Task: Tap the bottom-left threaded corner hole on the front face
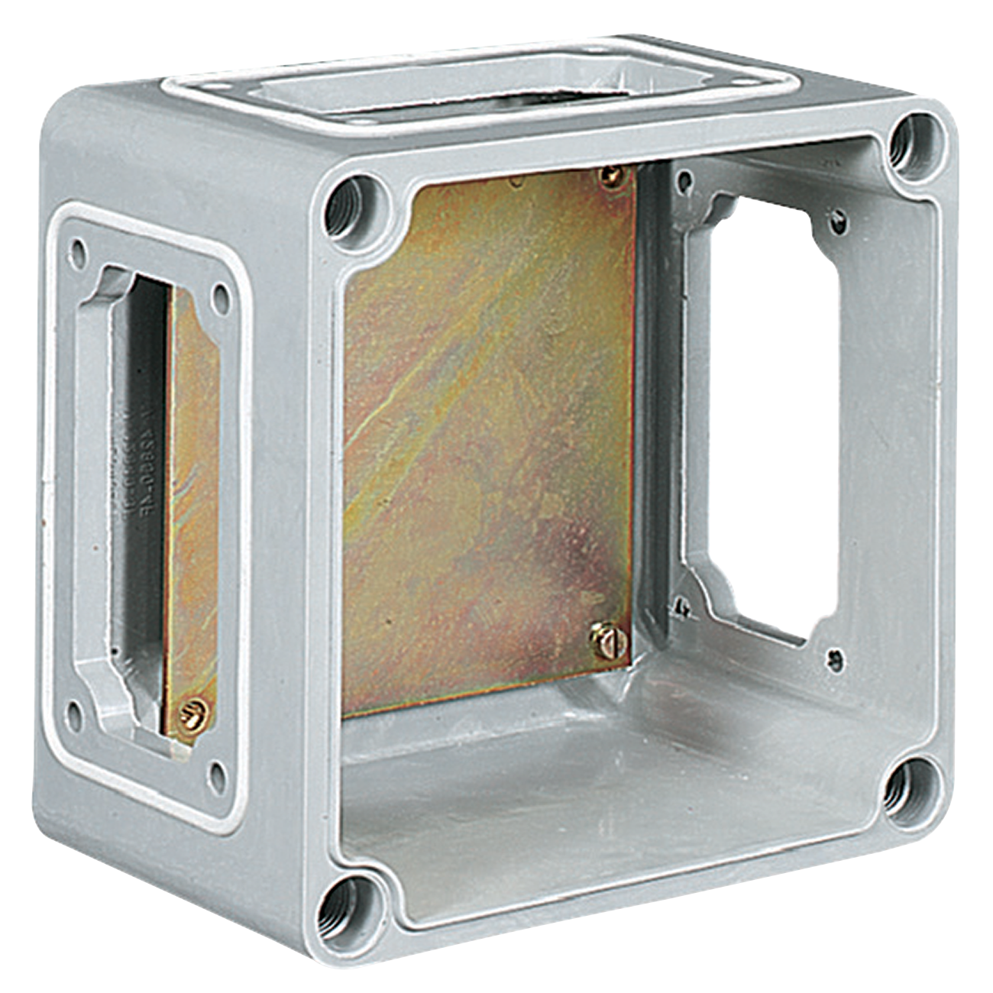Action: click(343, 911)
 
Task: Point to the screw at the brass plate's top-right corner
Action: click(611, 177)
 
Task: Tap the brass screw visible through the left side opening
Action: click(193, 716)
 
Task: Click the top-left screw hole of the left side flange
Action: click(77, 250)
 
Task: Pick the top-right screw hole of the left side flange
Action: click(221, 296)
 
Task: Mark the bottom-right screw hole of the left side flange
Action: click(218, 775)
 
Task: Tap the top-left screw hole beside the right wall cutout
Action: click(685, 182)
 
